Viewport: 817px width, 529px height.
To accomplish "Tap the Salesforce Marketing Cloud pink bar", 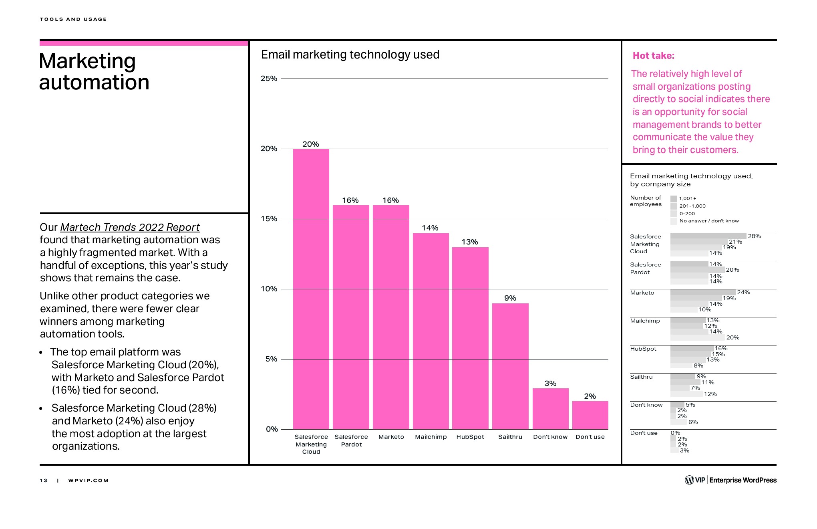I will [311, 289].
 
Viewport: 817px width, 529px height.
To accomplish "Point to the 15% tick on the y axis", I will [269, 219].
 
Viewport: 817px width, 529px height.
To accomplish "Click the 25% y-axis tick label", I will [269, 79].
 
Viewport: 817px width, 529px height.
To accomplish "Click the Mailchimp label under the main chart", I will [431, 437].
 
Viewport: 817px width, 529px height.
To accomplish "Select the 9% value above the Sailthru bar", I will [510, 298].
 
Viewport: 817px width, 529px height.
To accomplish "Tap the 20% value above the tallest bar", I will [311, 144].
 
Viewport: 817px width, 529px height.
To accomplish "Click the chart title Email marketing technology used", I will [350, 55].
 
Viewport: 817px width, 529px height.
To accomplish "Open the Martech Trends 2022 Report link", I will [130, 227].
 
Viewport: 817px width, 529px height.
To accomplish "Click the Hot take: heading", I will [653, 56].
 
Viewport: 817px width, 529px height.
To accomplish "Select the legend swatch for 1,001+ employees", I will [674, 198].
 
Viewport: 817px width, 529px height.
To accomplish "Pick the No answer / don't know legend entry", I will [709, 221].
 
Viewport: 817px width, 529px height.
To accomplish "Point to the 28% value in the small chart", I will [754, 236].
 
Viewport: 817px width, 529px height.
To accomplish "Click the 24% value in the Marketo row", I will [743, 293].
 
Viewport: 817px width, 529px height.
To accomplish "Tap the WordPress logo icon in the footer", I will [689, 480].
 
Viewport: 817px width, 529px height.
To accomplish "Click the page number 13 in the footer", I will [44, 481].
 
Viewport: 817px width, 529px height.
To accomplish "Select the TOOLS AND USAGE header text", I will [73, 19].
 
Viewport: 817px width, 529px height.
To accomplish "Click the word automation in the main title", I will [94, 83].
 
